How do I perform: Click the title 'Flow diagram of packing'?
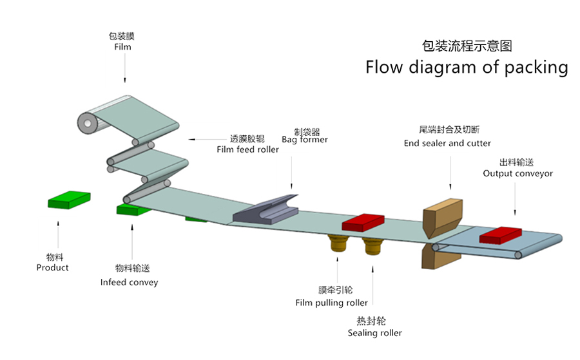click(467, 67)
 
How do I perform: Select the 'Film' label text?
click(122, 47)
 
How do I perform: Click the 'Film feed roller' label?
click(247, 149)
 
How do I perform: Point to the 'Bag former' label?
click(304, 140)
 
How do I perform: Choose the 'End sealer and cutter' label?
click(447, 143)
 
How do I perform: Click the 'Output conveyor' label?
click(517, 173)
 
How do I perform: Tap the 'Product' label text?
click(52, 267)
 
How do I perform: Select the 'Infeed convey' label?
click(129, 282)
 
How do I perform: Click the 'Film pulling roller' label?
click(331, 303)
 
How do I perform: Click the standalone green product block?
click(69, 200)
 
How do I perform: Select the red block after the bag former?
click(362, 222)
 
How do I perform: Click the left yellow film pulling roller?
click(338, 245)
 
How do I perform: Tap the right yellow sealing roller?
click(371, 245)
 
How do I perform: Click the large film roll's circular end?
click(85, 122)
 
